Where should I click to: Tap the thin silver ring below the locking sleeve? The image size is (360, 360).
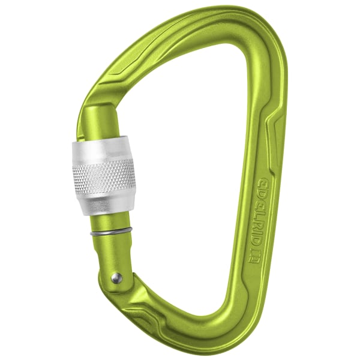(x=111, y=232)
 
